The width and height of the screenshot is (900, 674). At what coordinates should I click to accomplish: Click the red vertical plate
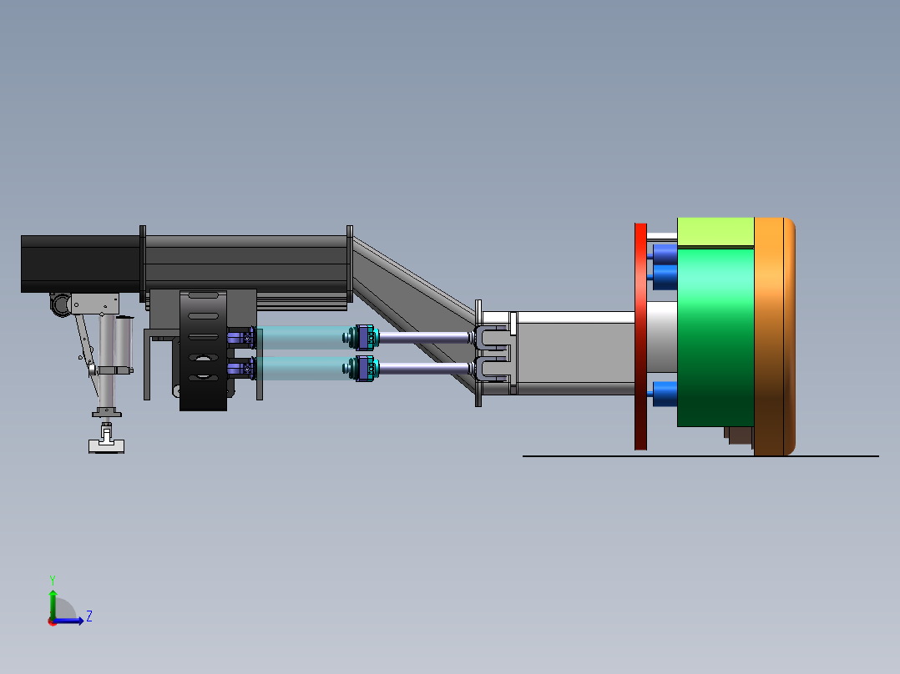(640, 337)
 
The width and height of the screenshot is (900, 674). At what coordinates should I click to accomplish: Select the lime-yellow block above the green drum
(715, 232)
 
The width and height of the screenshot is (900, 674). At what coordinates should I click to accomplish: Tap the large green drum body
(715, 337)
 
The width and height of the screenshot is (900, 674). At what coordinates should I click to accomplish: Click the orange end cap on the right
(774, 337)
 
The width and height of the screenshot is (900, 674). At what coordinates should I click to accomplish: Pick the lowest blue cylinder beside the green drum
(665, 394)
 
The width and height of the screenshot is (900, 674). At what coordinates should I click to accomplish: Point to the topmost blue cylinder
(665, 253)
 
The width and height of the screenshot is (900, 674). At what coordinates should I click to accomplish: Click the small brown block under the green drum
(739, 435)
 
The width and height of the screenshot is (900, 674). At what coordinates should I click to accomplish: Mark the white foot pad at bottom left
(106, 445)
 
